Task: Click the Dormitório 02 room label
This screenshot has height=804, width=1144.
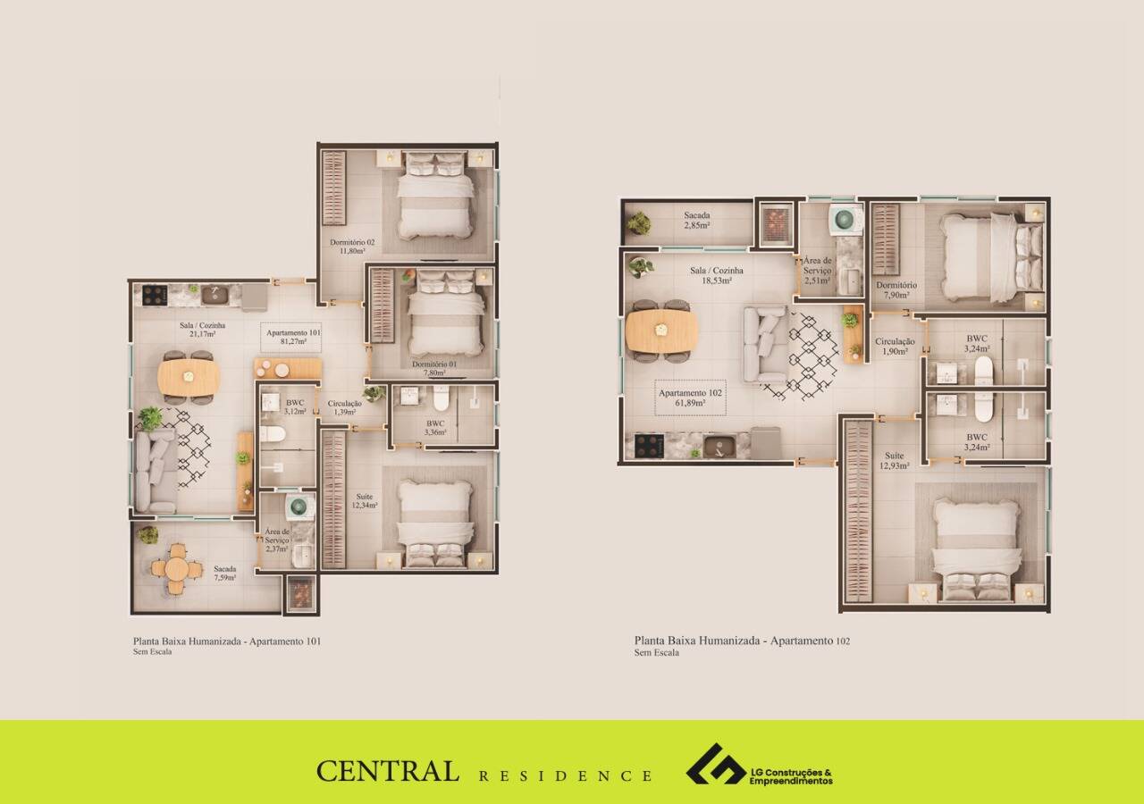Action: [x=352, y=247]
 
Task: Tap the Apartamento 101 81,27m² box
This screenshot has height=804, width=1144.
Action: [x=291, y=338]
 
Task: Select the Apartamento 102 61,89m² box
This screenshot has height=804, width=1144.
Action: [x=691, y=398]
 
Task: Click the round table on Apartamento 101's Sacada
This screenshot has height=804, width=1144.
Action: [x=177, y=568]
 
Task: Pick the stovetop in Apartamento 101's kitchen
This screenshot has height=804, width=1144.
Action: [x=155, y=295]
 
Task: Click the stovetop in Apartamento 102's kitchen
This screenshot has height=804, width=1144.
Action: [x=649, y=446]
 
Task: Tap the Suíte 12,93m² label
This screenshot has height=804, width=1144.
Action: [x=895, y=460]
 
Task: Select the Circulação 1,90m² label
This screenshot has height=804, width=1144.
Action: [x=895, y=346]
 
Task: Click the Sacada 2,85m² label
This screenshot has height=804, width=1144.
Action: [x=697, y=220]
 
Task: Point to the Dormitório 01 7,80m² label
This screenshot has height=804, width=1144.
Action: [x=434, y=369]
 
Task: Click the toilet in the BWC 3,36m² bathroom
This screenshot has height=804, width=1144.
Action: [x=441, y=398]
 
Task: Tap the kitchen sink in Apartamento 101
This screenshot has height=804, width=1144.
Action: [x=214, y=295]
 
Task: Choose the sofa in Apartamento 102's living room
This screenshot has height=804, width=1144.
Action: [x=764, y=344]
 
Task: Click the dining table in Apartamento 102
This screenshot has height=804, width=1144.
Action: [x=661, y=331]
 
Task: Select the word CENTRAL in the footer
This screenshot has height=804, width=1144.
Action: [x=387, y=771]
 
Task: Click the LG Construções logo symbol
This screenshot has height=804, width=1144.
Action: [x=716, y=764]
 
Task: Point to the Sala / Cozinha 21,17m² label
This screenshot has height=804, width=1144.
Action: [x=202, y=330]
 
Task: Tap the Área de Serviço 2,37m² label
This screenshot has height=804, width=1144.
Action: [x=277, y=540]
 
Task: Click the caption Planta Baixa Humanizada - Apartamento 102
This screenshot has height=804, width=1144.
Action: [x=742, y=641]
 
